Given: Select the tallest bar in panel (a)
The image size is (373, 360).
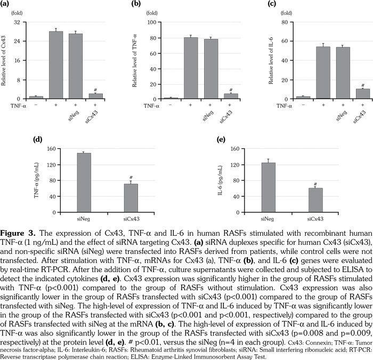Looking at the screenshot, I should click(x=56, y=65).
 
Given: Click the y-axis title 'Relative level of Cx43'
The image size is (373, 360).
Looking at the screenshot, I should click(x=5, y=60).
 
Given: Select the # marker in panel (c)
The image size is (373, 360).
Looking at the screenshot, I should click(x=362, y=85).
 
